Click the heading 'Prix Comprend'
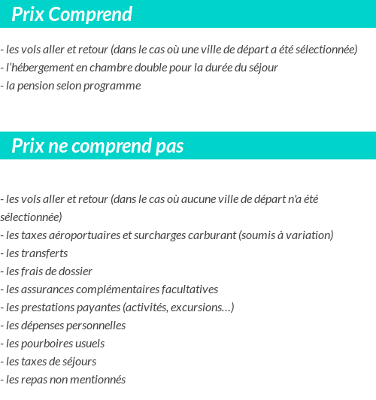pyautogui.click(x=71, y=14)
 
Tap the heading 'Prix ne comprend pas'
pyautogui.click(x=97, y=147)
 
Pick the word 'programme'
pyautogui.click(x=116, y=86)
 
